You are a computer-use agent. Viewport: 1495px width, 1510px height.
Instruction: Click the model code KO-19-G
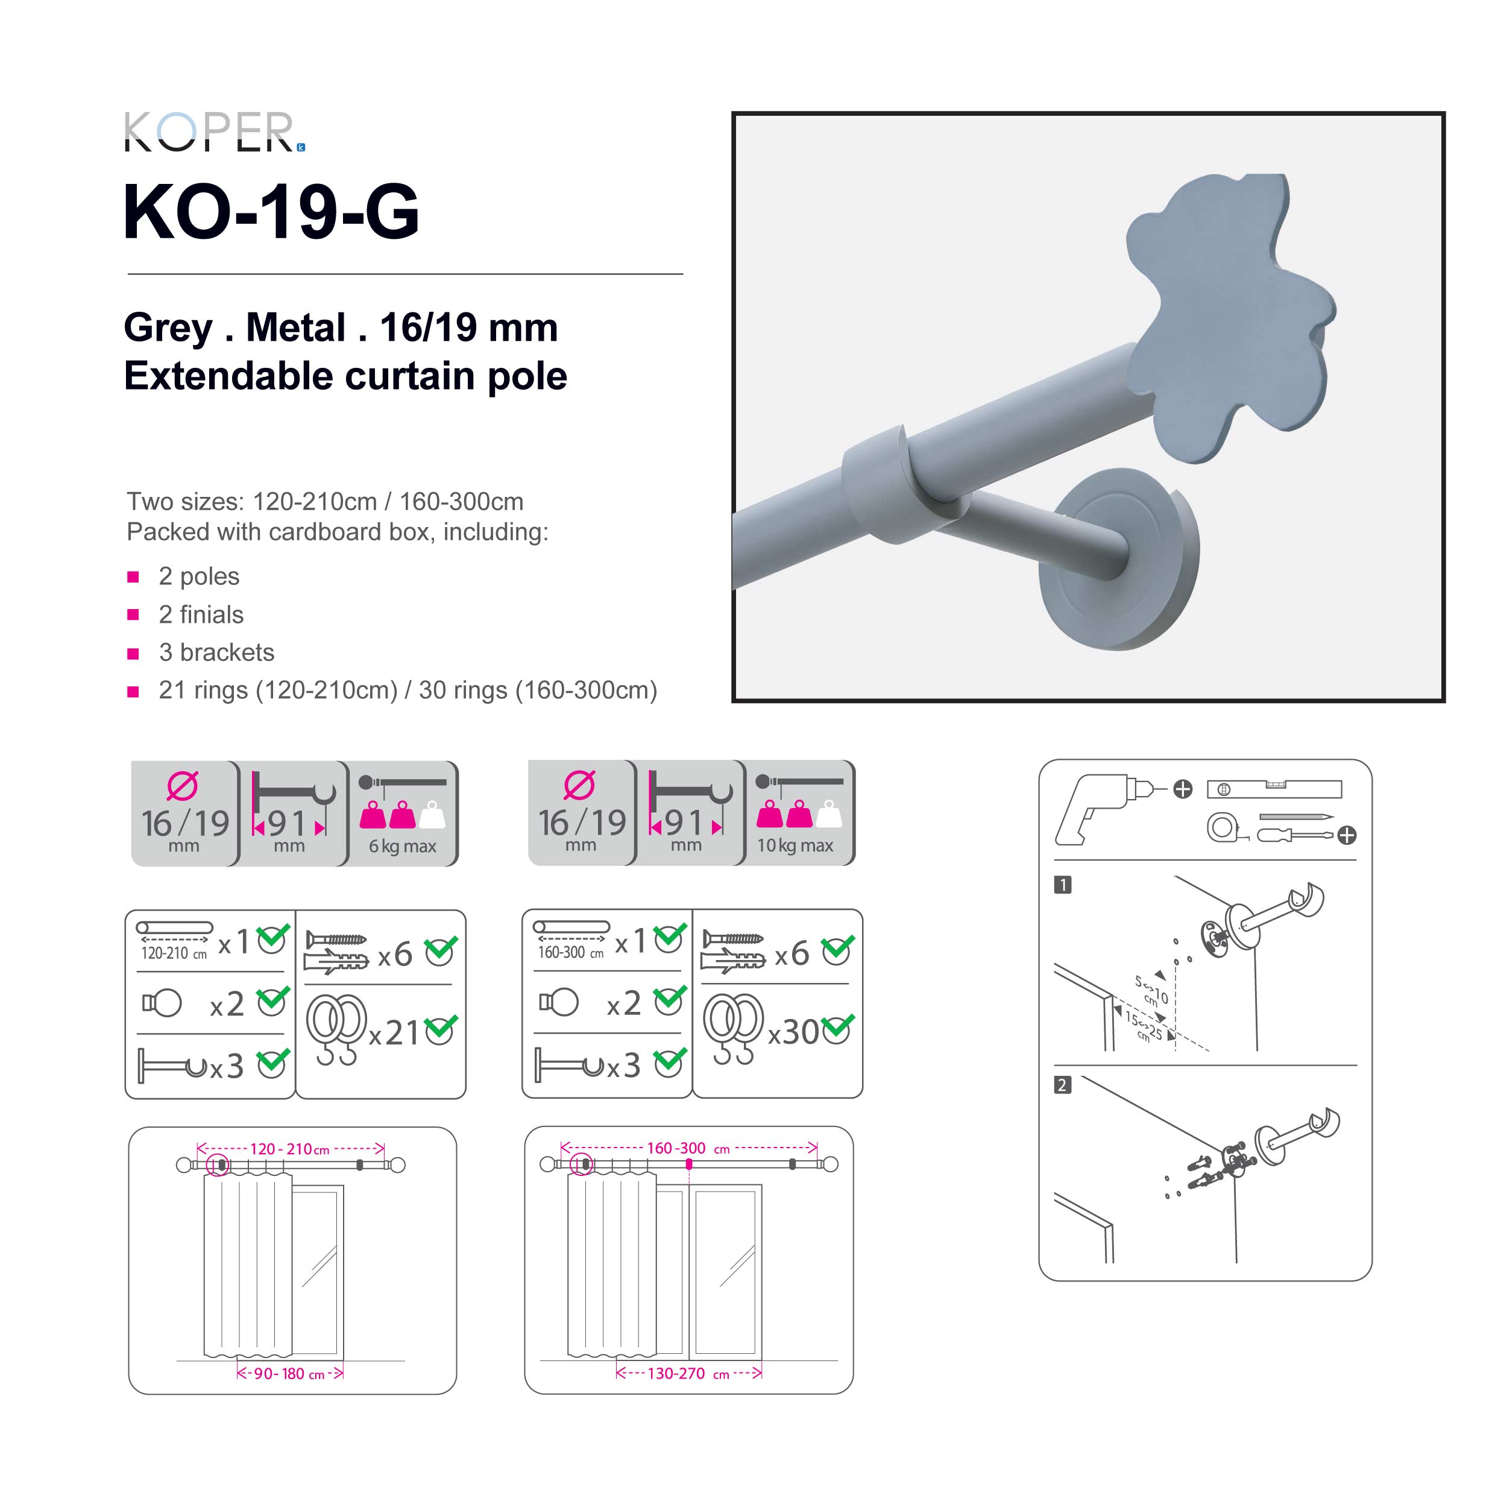(271, 212)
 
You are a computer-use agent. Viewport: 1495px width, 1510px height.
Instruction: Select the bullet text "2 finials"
(201, 614)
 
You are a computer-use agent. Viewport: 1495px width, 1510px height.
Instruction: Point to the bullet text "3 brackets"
(216, 652)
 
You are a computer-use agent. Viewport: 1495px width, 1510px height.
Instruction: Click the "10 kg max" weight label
(794, 845)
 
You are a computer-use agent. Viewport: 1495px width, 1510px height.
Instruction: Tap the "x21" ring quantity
(395, 1033)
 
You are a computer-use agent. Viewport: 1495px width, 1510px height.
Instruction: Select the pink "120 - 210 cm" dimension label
(289, 1148)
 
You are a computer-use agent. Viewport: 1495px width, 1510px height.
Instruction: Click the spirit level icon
(1273, 789)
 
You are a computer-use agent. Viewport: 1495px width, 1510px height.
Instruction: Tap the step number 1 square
(1062, 884)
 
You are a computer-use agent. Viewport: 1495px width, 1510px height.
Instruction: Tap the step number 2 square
(1062, 1085)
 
